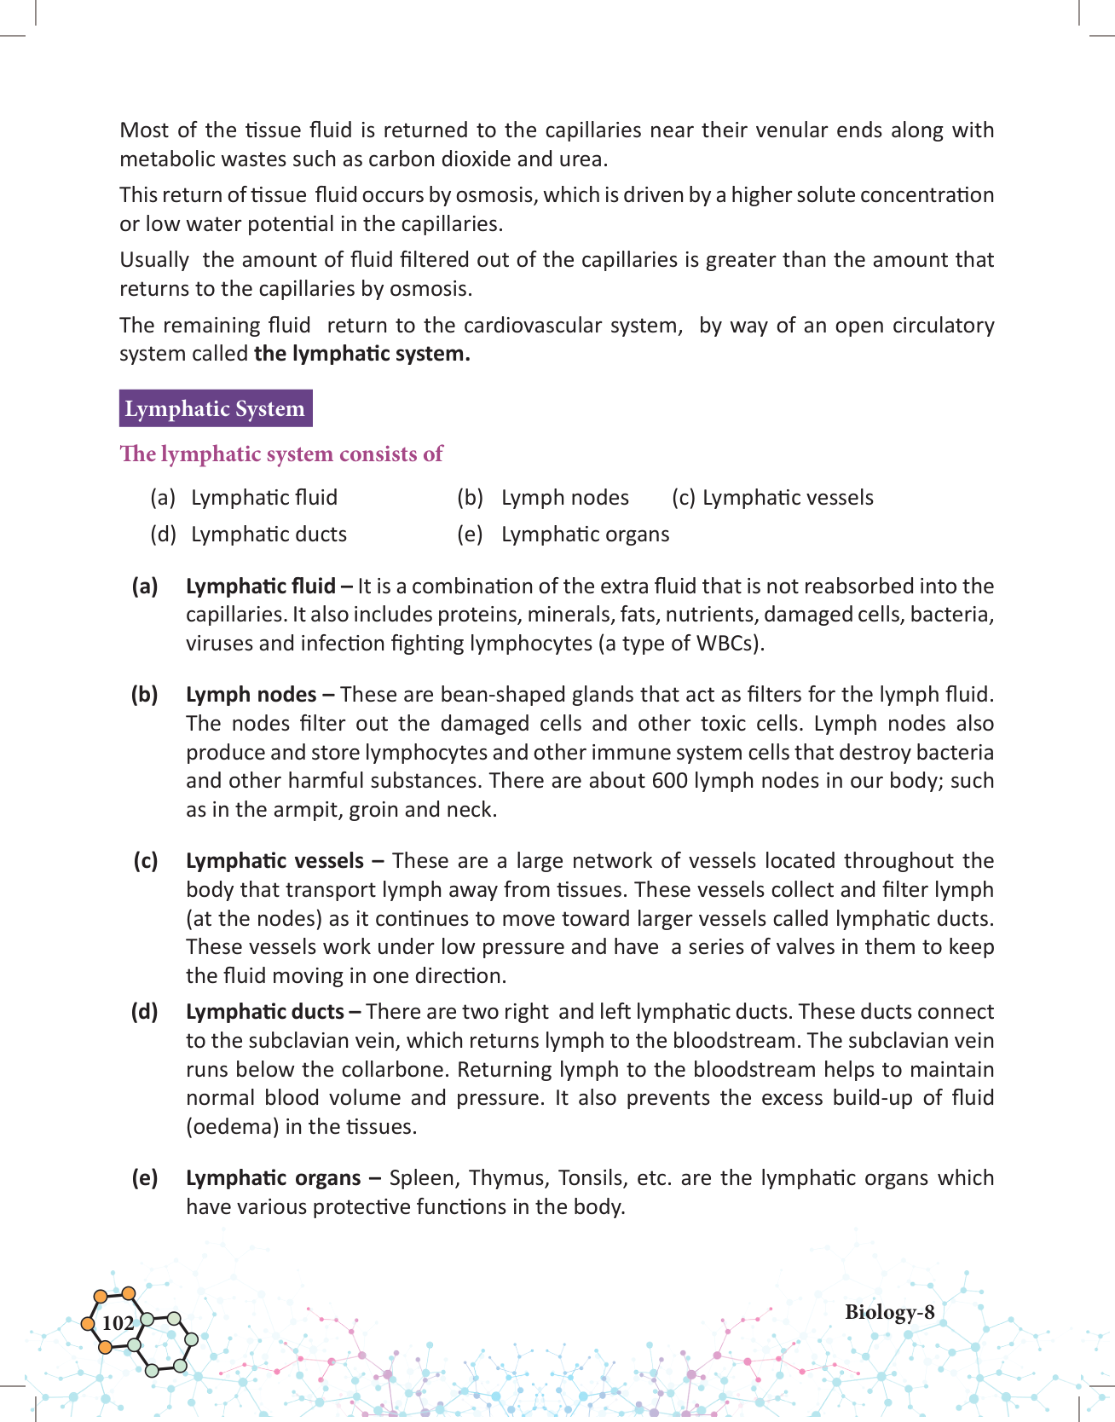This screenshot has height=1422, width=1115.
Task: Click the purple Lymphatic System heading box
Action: point(215,408)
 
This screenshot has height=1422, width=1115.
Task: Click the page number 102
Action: point(118,1322)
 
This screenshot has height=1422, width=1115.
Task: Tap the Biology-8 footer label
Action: point(889,1312)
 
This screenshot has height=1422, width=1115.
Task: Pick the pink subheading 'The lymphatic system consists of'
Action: point(281,454)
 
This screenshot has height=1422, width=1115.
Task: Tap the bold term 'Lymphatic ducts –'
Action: point(273,1012)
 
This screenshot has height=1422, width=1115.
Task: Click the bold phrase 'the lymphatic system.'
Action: point(362,354)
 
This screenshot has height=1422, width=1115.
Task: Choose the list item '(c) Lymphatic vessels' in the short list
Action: point(772,498)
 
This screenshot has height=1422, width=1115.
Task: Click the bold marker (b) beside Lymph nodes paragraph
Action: point(145,695)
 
